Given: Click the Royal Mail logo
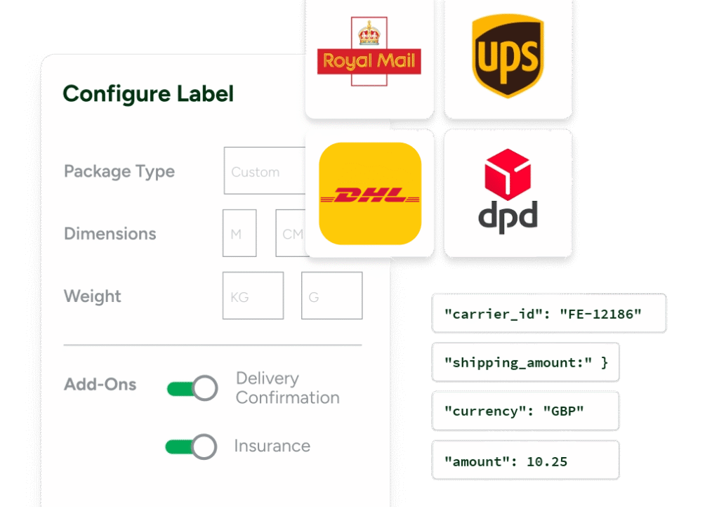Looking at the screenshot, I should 369,61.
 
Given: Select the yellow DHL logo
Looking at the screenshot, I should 369,194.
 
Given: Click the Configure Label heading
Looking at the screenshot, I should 148,94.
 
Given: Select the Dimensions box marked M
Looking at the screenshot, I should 239,233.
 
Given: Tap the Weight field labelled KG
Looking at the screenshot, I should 253,296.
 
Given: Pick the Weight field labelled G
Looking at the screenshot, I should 331,296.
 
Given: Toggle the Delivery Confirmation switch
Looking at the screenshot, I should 192,388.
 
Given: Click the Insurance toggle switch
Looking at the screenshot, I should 190,446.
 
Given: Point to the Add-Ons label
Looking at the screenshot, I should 100,385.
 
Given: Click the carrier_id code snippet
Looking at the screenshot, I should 548,313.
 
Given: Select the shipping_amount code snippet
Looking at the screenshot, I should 525,362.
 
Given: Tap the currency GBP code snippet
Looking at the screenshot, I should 525,411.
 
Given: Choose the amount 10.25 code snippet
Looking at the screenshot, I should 525,460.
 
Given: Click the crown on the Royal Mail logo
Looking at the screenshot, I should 369,33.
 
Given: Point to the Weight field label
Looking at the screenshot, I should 93,296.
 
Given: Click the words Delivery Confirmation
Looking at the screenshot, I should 287,388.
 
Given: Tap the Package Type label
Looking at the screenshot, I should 119,171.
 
